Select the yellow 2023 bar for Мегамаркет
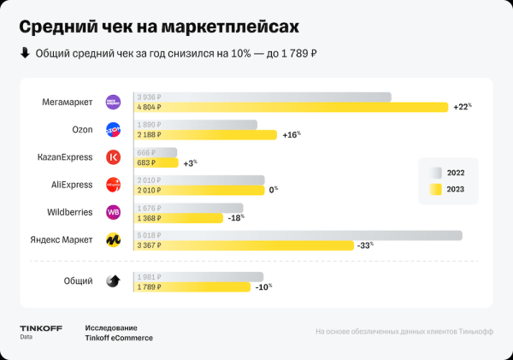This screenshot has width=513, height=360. point(291,107)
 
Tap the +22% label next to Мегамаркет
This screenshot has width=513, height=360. point(462,107)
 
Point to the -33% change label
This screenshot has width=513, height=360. point(365,246)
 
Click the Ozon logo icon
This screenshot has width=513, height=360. point(113,130)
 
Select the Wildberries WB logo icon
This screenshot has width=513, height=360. point(113,212)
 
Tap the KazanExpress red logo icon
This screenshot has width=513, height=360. point(113,157)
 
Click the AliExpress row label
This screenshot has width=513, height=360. point(72,184)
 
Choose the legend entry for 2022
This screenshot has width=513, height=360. point(449,172)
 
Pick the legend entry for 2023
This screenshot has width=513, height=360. point(449,189)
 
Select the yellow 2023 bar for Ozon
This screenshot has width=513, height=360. point(205,135)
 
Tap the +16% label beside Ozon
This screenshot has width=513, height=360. point(292,135)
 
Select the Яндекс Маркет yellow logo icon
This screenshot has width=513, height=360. point(113,240)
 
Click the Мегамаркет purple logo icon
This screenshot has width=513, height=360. point(113,102)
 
